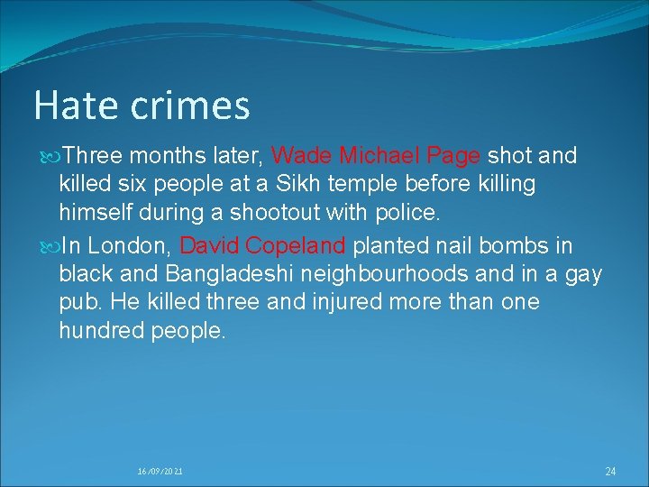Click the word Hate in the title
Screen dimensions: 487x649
[75, 106]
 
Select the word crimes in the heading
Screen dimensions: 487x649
[189, 106]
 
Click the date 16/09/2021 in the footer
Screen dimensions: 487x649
[160, 472]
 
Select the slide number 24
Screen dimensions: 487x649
[610, 472]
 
